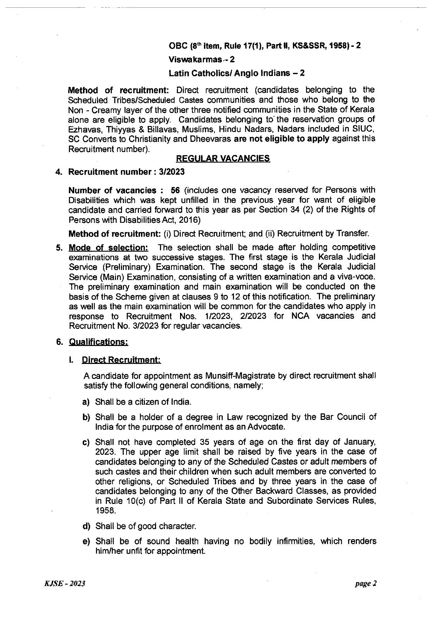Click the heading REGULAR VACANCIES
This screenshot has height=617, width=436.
[223, 159]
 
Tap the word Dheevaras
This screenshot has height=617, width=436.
[214, 139]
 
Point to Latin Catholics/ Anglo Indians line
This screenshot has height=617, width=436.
[237, 73]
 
